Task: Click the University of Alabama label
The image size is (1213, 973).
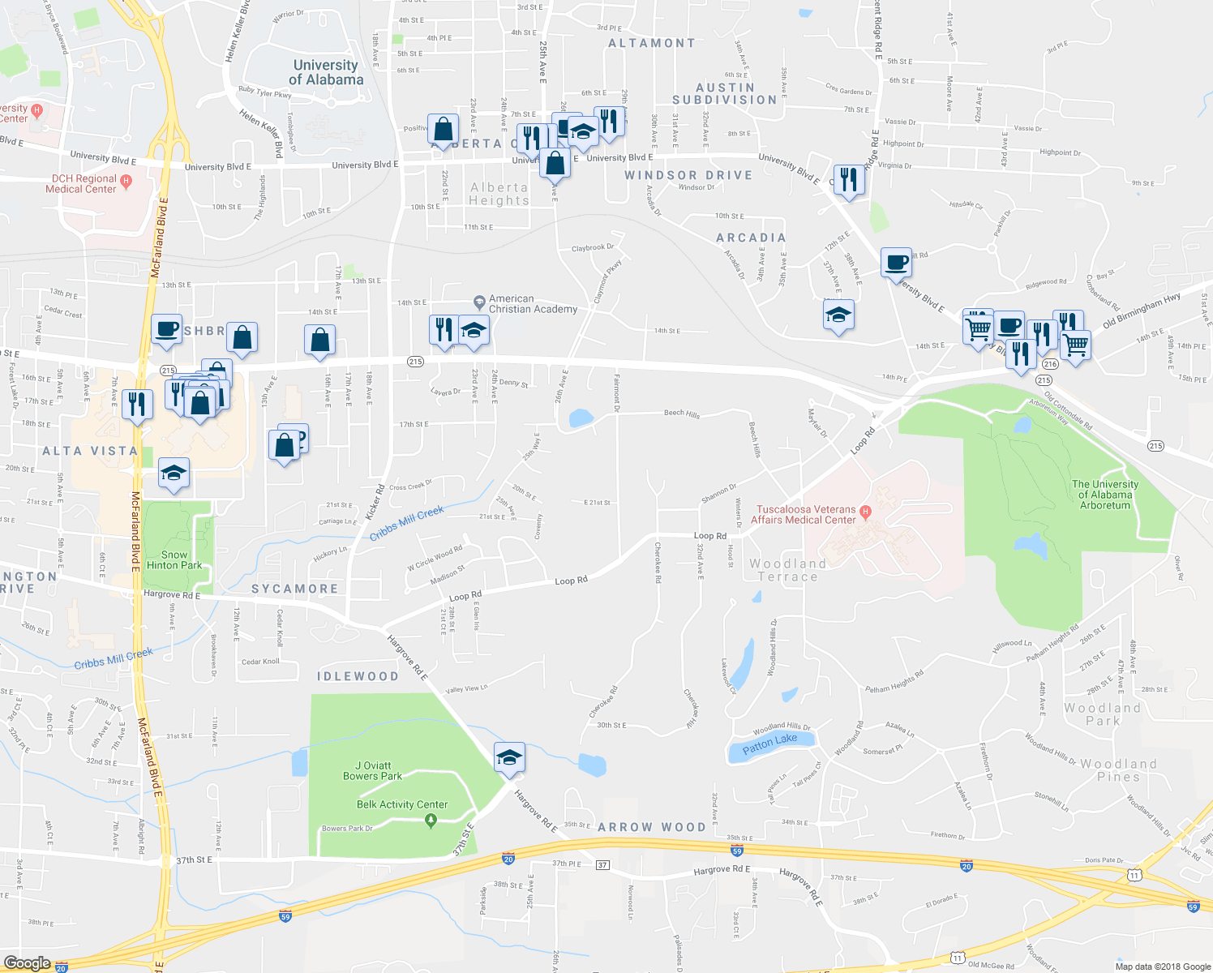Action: [326, 72]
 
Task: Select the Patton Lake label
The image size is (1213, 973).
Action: [769, 743]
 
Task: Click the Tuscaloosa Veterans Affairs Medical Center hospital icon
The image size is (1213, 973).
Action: [865, 512]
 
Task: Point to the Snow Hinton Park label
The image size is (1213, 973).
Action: [174, 559]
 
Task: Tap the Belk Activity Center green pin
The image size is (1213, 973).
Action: [431, 821]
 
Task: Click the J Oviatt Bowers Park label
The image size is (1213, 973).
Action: [372, 770]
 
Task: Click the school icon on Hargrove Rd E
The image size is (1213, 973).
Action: [509, 758]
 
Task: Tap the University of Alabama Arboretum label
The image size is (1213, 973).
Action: [1104, 495]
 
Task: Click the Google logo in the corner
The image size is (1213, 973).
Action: [27, 962]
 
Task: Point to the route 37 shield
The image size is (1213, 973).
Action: [602, 865]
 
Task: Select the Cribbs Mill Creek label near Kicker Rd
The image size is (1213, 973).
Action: [407, 523]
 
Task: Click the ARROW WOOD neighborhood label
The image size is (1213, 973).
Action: [652, 827]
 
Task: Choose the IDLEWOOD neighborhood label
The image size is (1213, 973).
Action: [358, 676]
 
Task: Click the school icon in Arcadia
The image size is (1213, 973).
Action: [838, 315]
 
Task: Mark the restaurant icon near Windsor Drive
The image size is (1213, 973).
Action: [848, 179]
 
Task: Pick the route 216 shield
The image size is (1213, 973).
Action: [1051, 365]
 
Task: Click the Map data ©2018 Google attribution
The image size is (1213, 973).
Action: [1162, 967]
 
